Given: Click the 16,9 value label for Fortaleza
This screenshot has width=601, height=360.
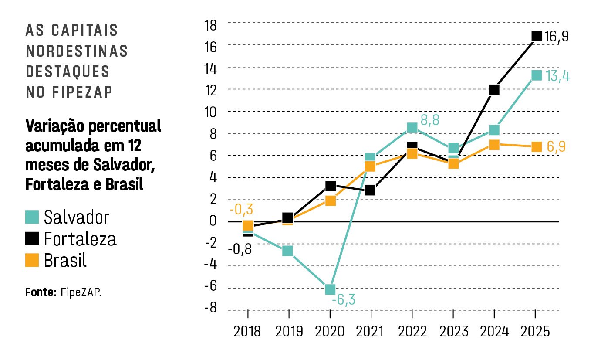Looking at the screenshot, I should pyautogui.click(x=557, y=37).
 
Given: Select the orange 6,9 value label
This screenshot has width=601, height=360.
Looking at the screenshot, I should pyautogui.click(x=556, y=147).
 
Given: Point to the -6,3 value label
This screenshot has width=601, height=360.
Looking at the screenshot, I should pyautogui.click(x=344, y=300).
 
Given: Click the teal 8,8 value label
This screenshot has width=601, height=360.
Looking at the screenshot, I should pyautogui.click(x=430, y=121).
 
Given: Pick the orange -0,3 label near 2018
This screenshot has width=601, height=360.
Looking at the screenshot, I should pyautogui.click(x=241, y=210).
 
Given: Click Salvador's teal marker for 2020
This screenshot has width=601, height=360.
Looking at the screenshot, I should pyautogui.click(x=330, y=289).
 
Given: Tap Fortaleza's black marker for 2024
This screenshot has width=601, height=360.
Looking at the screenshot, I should pyautogui.click(x=494, y=90).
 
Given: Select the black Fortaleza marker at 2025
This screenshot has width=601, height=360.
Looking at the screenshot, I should pyautogui.click(x=536, y=36).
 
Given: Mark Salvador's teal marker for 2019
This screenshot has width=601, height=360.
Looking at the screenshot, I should pyautogui.click(x=287, y=251).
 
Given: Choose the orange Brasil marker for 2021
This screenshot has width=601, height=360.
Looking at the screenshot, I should pyautogui.click(x=370, y=166).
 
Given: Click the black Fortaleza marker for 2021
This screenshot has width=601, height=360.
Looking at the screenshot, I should pyautogui.click(x=370, y=190).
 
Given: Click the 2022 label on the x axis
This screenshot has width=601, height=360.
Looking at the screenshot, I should pyautogui.click(x=412, y=332).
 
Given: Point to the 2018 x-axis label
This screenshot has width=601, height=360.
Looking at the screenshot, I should pyautogui.click(x=247, y=332).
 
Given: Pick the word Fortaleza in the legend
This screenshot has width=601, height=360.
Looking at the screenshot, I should pyautogui.click(x=80, y=239).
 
